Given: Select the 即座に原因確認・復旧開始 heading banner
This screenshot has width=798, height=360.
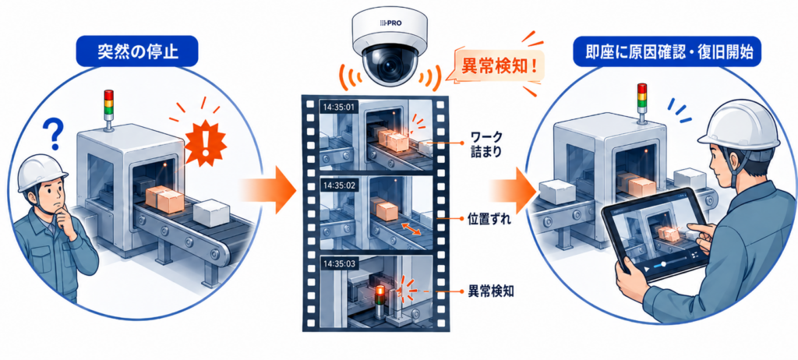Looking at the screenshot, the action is click(668, 51).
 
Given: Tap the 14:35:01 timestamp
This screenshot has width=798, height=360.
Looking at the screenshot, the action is click(338, 108).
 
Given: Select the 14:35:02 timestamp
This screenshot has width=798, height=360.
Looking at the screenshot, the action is click(339, 185).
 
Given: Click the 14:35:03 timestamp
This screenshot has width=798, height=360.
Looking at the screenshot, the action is click(339, 263).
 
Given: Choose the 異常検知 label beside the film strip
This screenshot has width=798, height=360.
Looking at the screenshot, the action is click(490, 292).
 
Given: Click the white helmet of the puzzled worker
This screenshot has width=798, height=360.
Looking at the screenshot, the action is click(43, 172).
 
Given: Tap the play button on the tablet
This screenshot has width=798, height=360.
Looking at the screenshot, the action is click(646, 267).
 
